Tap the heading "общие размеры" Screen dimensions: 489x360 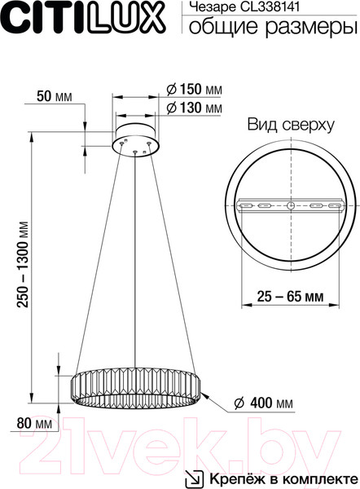click(272, 29)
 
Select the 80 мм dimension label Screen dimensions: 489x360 click(33, 424)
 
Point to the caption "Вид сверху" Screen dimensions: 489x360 click(291, 125)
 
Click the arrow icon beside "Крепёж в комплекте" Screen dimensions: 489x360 click(196, 475)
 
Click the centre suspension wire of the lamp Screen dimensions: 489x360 click(135, 261)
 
